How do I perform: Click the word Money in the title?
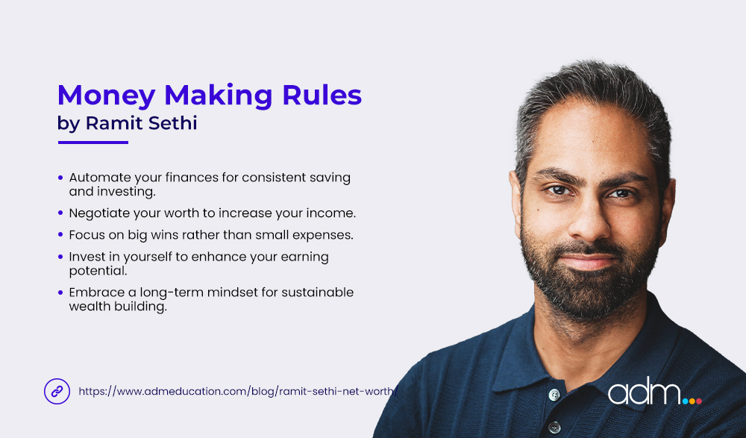(x=105, y=96)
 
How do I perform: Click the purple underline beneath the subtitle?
(x=93, y=143)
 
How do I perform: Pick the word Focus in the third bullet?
(x=87, y=234)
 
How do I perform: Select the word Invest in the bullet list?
(x=87, y=256)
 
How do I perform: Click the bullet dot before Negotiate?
(x=60, y=213)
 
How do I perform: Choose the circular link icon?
(x=57, y=390)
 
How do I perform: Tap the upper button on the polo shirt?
(x=553, y=394)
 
